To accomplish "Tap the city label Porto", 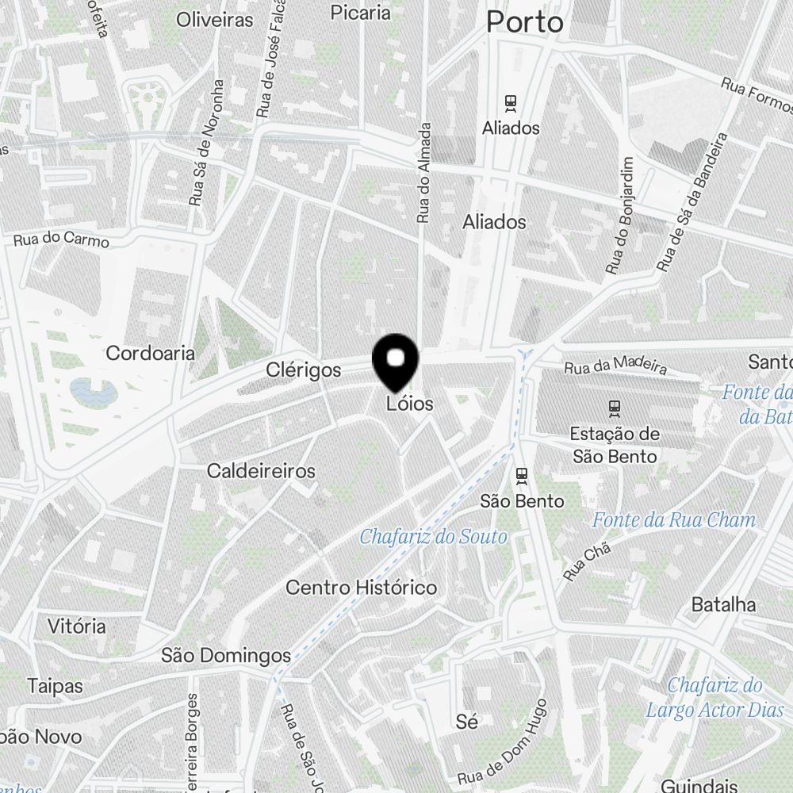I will pos(524,21).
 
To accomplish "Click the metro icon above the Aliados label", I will pos(511,102).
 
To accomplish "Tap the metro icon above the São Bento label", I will pos(522,475).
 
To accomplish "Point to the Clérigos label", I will pos(304,370).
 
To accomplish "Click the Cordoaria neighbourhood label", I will pos(150,353).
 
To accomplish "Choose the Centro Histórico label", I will pos(361,588).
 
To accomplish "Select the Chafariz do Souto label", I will pos(433,537).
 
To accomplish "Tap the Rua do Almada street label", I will pos(424,171).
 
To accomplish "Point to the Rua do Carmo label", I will pos(61,238).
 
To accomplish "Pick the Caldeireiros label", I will pos(261,471).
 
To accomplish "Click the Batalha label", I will pos(723,604).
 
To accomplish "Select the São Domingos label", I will pos(226,656).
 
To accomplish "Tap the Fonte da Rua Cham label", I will pos(674,520).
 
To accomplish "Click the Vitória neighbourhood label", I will pos(76,626).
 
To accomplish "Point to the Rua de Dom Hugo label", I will pos(503,741).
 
